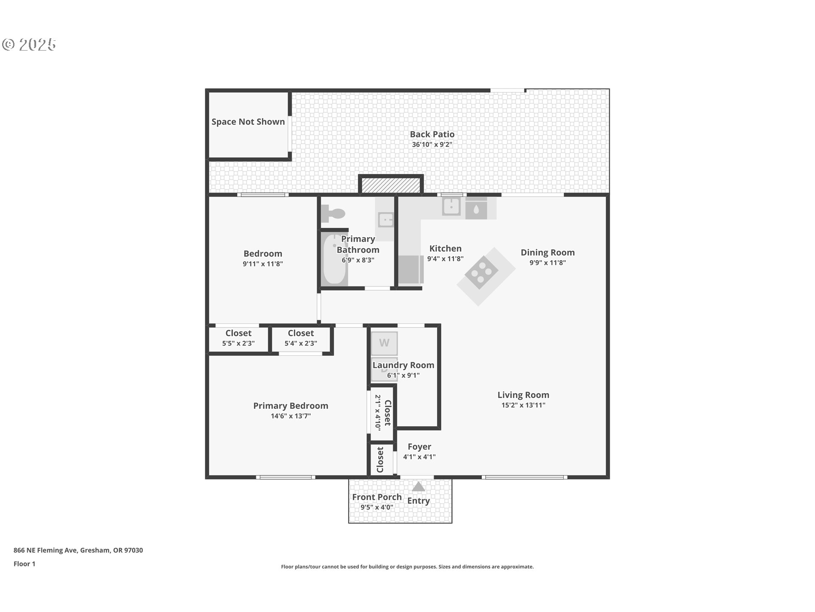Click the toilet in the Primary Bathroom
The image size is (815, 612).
pos(332,213)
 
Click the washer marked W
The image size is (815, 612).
pos(384,343)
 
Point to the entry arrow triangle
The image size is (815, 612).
pos(419,487)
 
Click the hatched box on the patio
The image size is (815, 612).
pos(391,185)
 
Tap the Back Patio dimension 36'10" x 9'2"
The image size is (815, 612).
pos(432,144)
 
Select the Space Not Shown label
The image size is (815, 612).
pos(248,122)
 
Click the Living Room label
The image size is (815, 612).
pos(523,395)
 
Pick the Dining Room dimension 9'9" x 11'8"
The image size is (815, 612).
pos(547,263)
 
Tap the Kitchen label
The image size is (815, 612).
pos(445,249)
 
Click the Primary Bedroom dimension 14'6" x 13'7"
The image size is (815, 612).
pos(290,416)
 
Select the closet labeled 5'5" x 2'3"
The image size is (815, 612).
pos(238,343)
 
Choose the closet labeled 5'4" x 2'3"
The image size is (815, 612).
pos(301,343)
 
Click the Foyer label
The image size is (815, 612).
pos(419,447)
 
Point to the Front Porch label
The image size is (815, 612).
pos(377,497)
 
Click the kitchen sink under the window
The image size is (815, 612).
pos(451,207)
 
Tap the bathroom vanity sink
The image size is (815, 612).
pos(386,220)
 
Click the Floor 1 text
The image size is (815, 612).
pos(25,564)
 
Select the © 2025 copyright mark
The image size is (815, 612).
pos(29,45)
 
